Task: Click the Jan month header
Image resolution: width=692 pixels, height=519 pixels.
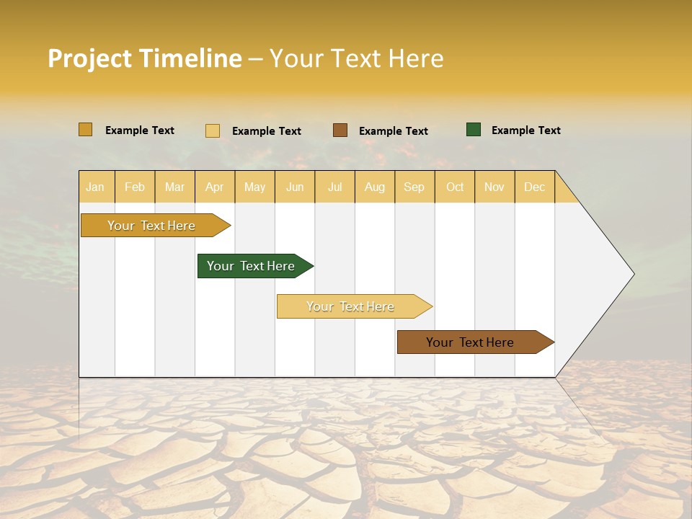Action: click(96, 187)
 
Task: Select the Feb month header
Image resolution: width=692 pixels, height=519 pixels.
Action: click(135, 187)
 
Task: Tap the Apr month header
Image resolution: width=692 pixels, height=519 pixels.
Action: click(215, 187)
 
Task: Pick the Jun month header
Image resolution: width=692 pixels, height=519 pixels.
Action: click(295, 187)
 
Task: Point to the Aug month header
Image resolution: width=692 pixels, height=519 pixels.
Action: click(375, 187)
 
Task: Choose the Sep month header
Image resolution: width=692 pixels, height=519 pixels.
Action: click(414, 187)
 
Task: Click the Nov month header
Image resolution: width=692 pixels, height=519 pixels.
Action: click(494, 187)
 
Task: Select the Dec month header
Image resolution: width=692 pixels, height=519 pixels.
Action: click(534, 187)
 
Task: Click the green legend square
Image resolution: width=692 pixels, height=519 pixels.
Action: click(474, 130)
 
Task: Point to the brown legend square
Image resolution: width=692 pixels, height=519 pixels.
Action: click(340, 130)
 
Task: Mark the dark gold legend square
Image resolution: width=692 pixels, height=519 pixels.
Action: click(86, 130)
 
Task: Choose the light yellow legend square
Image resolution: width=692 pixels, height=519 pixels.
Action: click(213, 130)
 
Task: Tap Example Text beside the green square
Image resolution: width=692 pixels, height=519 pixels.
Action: click(525, 130)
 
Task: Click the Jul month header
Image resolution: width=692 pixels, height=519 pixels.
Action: click(335, 187)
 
